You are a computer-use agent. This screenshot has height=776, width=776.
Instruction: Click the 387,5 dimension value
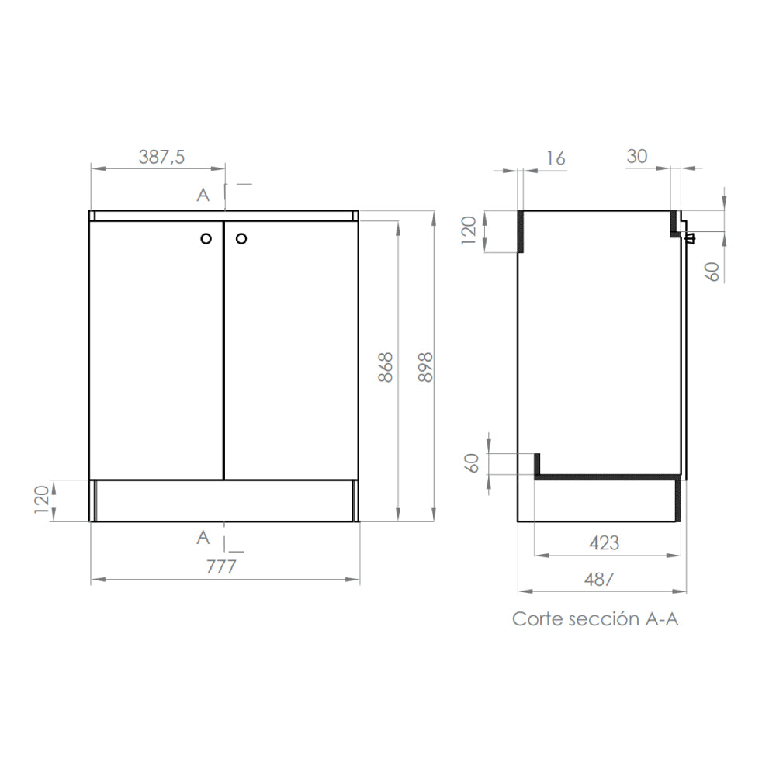point(161,157)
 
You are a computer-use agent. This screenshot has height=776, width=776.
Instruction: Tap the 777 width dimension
point(221,567)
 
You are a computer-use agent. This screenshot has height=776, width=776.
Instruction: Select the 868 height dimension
point(386,367)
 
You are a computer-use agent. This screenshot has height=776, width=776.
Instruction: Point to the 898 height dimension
point(424,367)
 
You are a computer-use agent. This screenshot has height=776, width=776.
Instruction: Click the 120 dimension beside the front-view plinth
point(43,501)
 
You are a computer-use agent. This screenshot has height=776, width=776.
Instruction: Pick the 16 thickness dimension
point(556,158)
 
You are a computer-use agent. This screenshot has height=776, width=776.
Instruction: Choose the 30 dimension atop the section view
point(636,156)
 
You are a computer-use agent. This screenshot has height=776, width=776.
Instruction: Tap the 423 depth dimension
point(604,543)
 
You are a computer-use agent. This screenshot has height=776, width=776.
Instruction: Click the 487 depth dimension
point(598,579)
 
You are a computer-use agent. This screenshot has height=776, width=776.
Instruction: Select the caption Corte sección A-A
point(595,619)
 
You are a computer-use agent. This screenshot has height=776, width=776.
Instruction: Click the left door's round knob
point(206,239)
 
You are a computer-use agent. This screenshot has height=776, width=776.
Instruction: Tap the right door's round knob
point(241,239)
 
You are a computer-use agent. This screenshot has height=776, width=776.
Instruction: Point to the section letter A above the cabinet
point(203,195)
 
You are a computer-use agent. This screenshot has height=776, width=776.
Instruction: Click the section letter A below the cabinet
point(203,536)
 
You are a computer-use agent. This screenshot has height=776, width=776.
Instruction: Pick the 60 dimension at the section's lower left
point(471,463)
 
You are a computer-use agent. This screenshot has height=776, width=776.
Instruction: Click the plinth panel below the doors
point(224,501)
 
